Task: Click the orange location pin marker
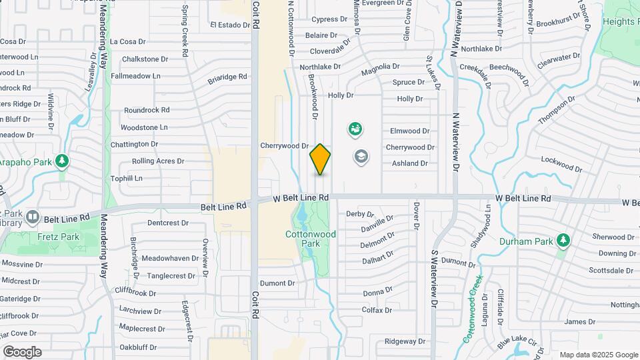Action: pos(320,159)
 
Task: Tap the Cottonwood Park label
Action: pos(311,239)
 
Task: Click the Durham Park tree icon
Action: pos(563,239)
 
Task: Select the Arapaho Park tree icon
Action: pos(62,161)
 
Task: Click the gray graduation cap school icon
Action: pos(361,157)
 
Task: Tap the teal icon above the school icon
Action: pos(356,129)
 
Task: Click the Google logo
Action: pos(22,351)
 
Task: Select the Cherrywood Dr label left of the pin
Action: pos(284,145)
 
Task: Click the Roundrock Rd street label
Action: pos(147,110)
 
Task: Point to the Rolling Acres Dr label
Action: pos(158,161)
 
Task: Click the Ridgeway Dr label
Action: pos(405,342)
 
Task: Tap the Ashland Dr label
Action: pos(409,163)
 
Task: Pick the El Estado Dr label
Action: pos(229,25)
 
